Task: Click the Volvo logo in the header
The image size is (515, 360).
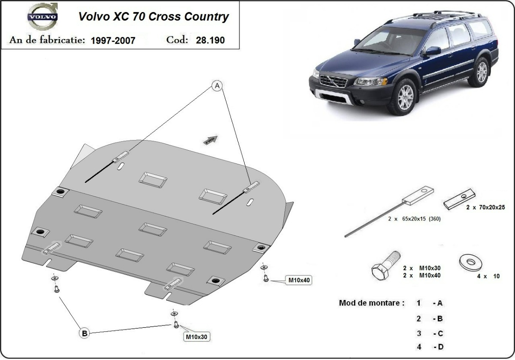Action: (x=42, y=18)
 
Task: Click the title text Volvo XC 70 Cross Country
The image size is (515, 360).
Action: (x=153, y=17)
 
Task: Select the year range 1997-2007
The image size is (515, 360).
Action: (x=113, y=40)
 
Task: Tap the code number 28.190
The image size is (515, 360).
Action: (x=210, y=40)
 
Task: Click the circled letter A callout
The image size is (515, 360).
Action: (x=218, y=87)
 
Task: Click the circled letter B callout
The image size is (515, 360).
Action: (x=85, y=333)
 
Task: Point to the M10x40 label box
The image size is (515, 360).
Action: (x=299, y=280)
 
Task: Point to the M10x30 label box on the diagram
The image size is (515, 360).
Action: (x=197, y=337)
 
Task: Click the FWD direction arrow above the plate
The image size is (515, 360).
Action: (x=211, y=139)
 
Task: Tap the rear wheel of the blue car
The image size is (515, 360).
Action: (x=482, y=72)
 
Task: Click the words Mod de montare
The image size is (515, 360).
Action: (x=372, y=303)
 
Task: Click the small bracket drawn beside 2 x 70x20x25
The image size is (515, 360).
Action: (x=459, y=200)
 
